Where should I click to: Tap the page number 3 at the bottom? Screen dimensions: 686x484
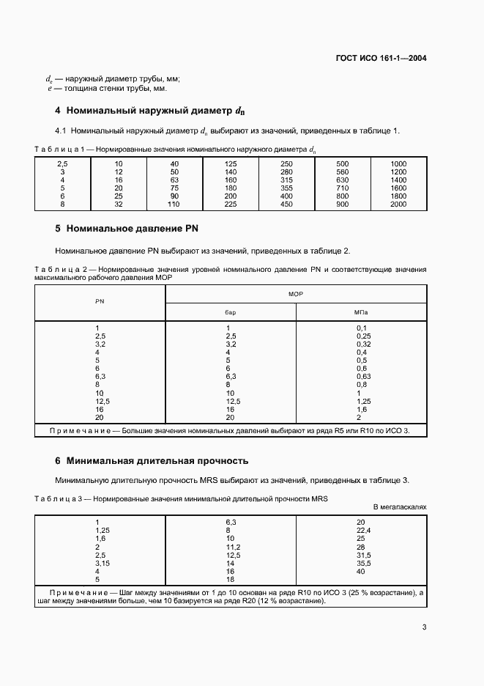(424, 627)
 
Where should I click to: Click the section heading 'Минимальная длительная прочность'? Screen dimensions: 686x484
(157, 461)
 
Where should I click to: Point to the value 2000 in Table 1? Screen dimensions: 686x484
(398, 204)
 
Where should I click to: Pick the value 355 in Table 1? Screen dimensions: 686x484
(286, 188)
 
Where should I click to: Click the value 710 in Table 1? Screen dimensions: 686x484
(342, 188)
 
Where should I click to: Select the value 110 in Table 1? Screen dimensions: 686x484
(174, 204)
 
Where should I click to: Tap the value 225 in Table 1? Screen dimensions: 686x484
(231, 204)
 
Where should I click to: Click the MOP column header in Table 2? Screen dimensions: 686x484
(296, 293)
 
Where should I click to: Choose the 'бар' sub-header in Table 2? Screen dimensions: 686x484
(231, 311)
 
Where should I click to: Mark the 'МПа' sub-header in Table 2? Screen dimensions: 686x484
(361, 311)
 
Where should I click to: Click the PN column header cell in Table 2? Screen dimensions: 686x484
(100, 302)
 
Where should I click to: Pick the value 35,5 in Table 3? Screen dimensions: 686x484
(364, 563)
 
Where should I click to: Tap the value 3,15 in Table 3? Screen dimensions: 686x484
(103, 563)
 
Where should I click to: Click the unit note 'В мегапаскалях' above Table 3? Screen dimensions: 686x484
(399, 506)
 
